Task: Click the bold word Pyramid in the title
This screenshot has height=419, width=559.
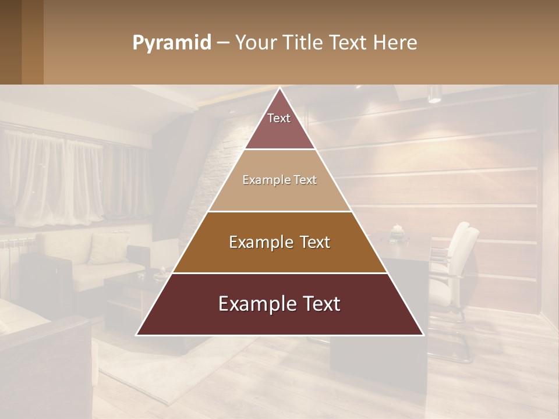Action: tap(171, 43)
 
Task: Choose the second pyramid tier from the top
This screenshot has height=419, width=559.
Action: tap(279, 180)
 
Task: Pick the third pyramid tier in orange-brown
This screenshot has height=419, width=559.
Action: tap(279, 242)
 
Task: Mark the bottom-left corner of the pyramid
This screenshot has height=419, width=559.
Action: tap(137, 335)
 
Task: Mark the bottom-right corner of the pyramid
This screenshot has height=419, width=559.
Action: tap(423, 335)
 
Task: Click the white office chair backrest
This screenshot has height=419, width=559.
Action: tap(464, 244)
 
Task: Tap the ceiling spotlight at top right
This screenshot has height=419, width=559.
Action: tap(434, 94)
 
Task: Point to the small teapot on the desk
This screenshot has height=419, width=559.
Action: tap(397, 229)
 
